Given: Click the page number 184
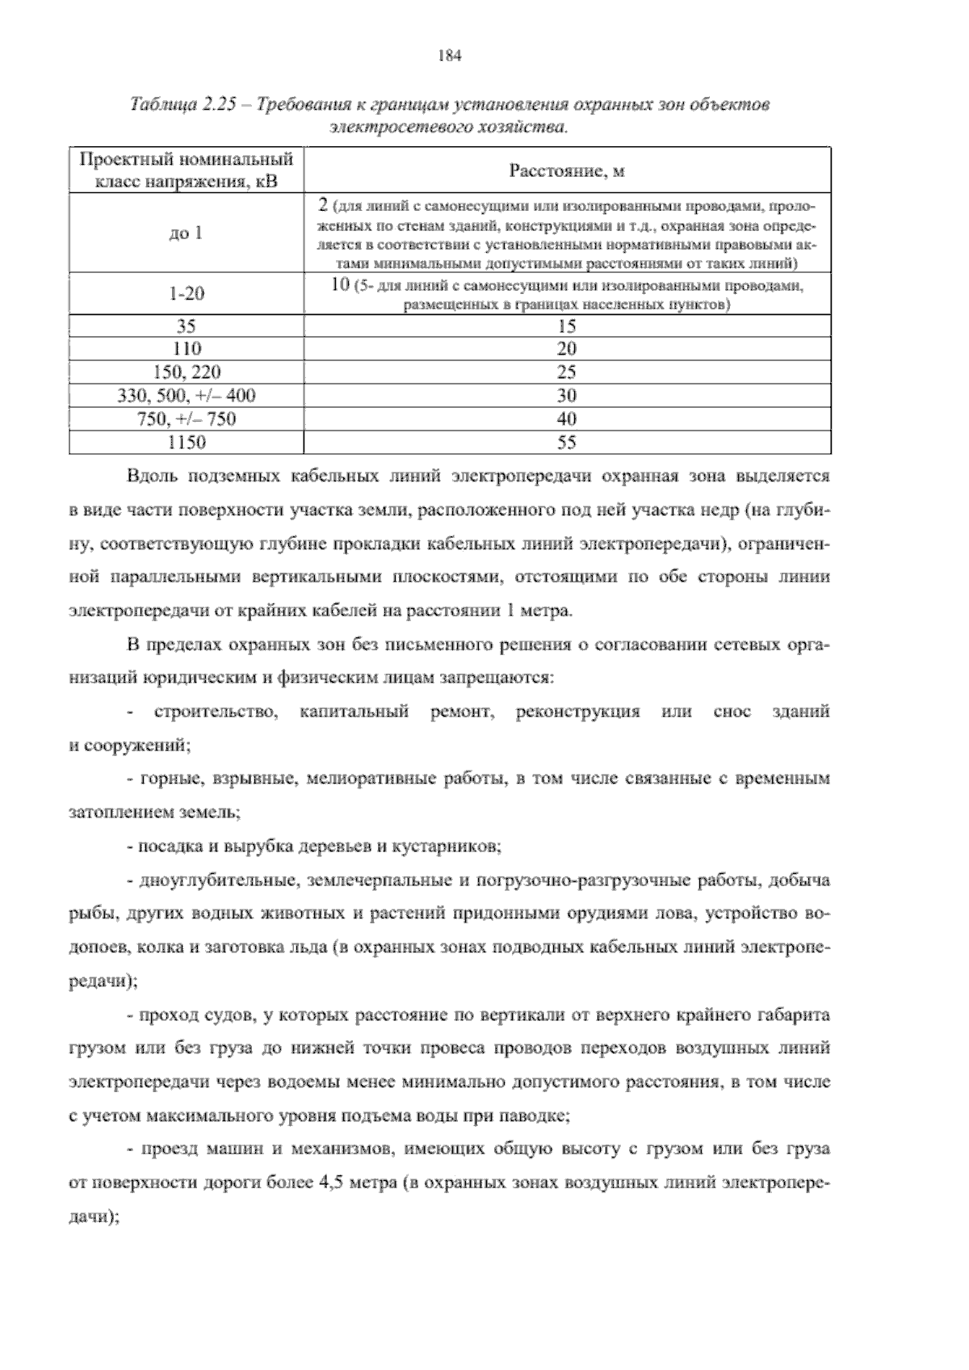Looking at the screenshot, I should (449, 56).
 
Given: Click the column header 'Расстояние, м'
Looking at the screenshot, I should (567, 170).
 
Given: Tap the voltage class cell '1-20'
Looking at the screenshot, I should (187, 294).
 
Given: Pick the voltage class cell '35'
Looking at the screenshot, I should (187, 326).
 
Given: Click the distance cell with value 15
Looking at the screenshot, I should (567, 326).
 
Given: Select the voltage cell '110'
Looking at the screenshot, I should (187, 349).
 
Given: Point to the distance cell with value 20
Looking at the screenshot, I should (567, 349).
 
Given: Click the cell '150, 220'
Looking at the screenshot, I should (187, 372).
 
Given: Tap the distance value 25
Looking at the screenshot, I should (567, 372).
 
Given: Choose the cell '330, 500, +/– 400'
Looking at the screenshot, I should (187, 396).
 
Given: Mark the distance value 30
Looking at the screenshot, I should (567, 396).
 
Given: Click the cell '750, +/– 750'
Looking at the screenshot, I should (187, 419).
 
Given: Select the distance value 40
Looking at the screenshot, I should (567, 419).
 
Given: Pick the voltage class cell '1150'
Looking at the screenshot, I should (187, 443).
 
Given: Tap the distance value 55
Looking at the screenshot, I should (567, 443).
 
